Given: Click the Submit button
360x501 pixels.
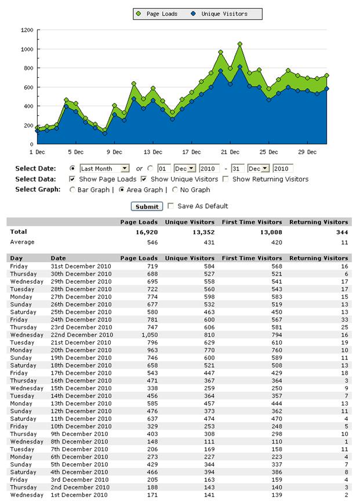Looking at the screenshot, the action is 147,206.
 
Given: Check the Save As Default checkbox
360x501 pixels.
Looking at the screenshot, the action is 171,206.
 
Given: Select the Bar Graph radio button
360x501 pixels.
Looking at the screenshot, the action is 72,190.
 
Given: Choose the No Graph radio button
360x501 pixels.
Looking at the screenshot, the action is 174,190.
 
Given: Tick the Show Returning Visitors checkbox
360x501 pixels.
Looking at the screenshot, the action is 226,179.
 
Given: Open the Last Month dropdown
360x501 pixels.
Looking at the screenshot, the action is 104,168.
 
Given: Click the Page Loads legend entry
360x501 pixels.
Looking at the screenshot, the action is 157,14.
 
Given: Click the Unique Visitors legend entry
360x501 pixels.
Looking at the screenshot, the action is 219,14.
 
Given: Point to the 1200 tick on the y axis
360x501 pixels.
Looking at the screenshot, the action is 27,30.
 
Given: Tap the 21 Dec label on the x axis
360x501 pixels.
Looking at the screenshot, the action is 230,152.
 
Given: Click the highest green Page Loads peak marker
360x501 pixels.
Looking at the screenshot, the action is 240,44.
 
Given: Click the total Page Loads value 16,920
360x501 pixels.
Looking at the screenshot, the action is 147,233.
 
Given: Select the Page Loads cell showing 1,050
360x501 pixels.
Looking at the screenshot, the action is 150,335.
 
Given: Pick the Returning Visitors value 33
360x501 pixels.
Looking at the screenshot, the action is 344,320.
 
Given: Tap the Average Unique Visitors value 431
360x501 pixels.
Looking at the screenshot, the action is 209,242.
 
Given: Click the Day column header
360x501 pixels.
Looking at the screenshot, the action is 16,258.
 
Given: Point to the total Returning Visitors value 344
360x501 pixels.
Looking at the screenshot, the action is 342,233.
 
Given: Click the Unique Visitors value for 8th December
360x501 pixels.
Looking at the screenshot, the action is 209,442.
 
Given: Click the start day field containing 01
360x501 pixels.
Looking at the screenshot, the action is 164,168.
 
